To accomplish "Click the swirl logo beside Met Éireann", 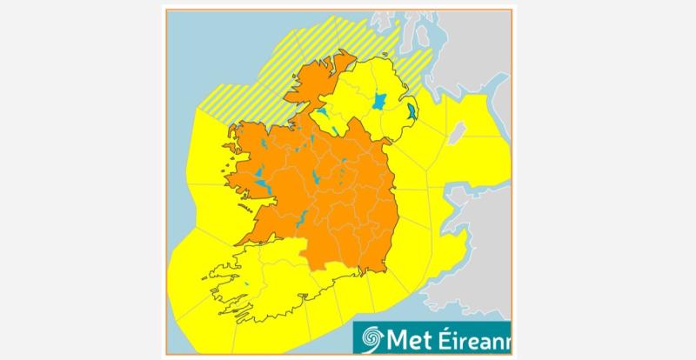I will [371, 337].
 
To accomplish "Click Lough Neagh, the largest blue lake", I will [380, 101].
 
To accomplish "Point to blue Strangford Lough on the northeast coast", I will [411, 111].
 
